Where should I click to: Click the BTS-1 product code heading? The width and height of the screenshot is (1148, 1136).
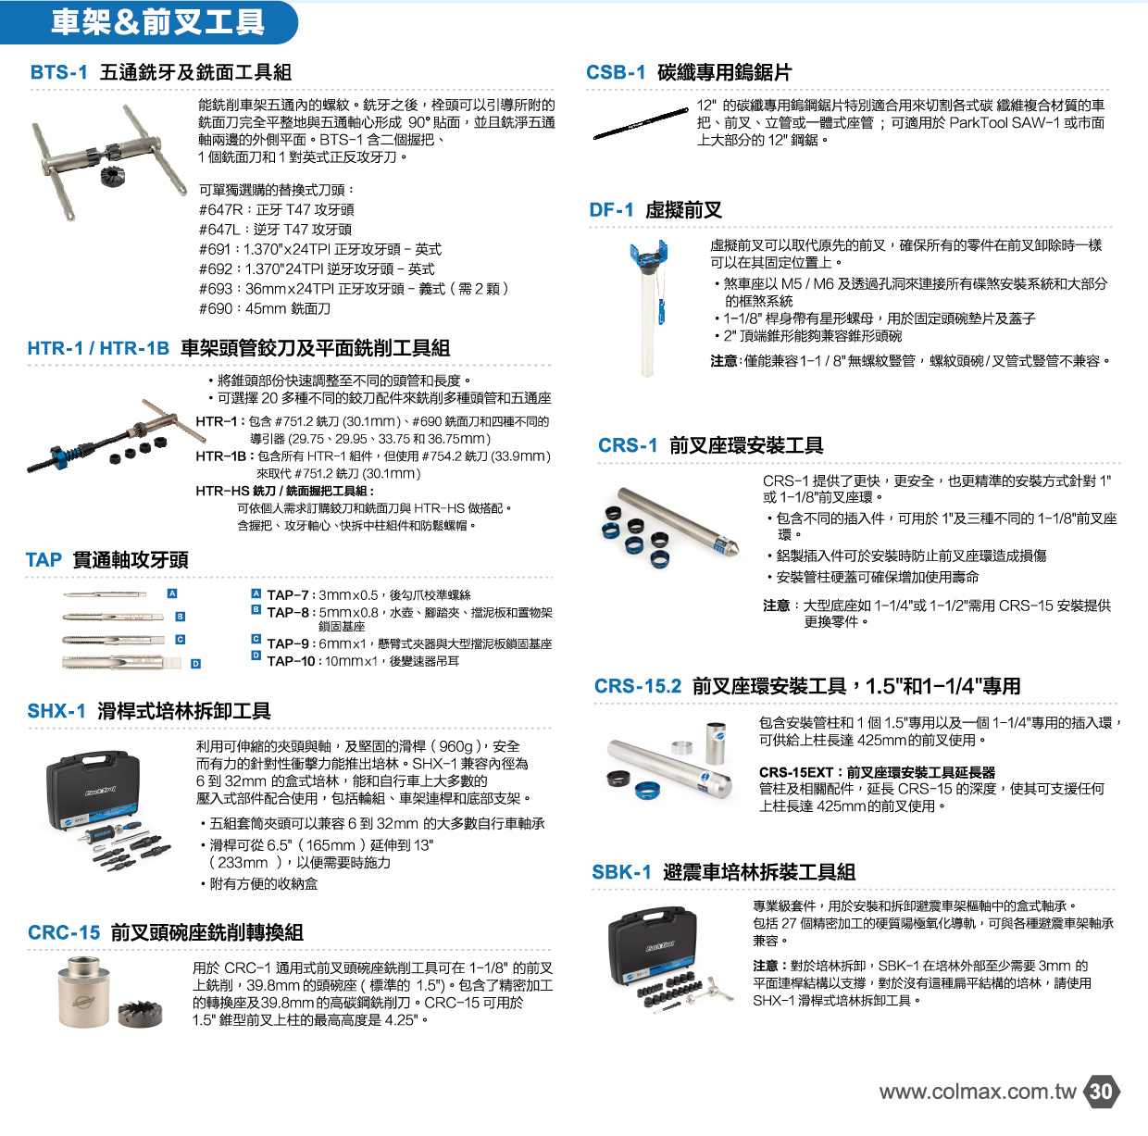[58, 72]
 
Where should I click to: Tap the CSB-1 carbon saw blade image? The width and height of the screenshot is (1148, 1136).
[641, 123]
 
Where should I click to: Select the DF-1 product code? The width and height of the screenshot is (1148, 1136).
[611, 210]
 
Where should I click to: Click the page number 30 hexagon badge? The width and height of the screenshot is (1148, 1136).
[1102, 1091]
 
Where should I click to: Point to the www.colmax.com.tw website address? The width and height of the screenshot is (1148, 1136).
[978, 1092]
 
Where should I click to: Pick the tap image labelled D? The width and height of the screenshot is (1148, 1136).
[121, 662]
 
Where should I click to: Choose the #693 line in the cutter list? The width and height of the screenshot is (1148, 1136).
[354, 289]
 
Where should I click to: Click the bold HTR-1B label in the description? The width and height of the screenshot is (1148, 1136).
[221, 456]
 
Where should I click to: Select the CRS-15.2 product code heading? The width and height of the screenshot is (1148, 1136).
[638, 686]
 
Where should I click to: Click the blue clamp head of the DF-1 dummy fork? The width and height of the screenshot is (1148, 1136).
[648, 254]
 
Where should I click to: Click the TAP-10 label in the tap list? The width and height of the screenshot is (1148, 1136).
[291, 661]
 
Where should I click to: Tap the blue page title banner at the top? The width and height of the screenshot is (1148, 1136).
[149, 22]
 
